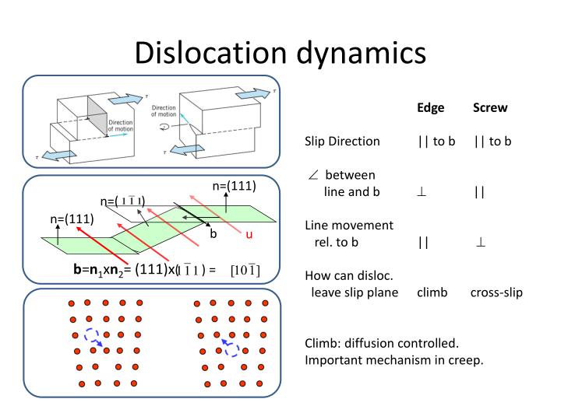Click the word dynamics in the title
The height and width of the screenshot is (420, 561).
pyautogui.click(x=361, y=52)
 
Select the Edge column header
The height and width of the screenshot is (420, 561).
pyautogui.click(x=431, y=107)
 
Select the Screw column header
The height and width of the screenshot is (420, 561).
pyautogui.click(x=490, y=107)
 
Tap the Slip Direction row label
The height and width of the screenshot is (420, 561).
pyautogui.click(x=342, y=142)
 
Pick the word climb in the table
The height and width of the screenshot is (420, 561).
pyautogui.click(x=432, y=292)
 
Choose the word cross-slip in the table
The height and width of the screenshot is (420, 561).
pyautogui.click(x=496, y=292)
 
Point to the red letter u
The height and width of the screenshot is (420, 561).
pyautogui.click(x=249, y=234)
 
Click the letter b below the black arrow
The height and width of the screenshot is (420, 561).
pyautogui.click(x=213, y=233)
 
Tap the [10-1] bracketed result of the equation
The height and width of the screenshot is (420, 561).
pyautogui.click(x=245, y=270)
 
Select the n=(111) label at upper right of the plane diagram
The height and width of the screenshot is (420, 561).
pyautogui.click(x=234, y=186)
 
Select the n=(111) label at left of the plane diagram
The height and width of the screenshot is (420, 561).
pyautogui.click(x=72, y=219)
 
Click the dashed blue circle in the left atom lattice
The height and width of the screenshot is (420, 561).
pyautogui.click(x=91, y=336)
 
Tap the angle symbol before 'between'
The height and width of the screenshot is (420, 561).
pyautogui.click(x=313, y=175)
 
